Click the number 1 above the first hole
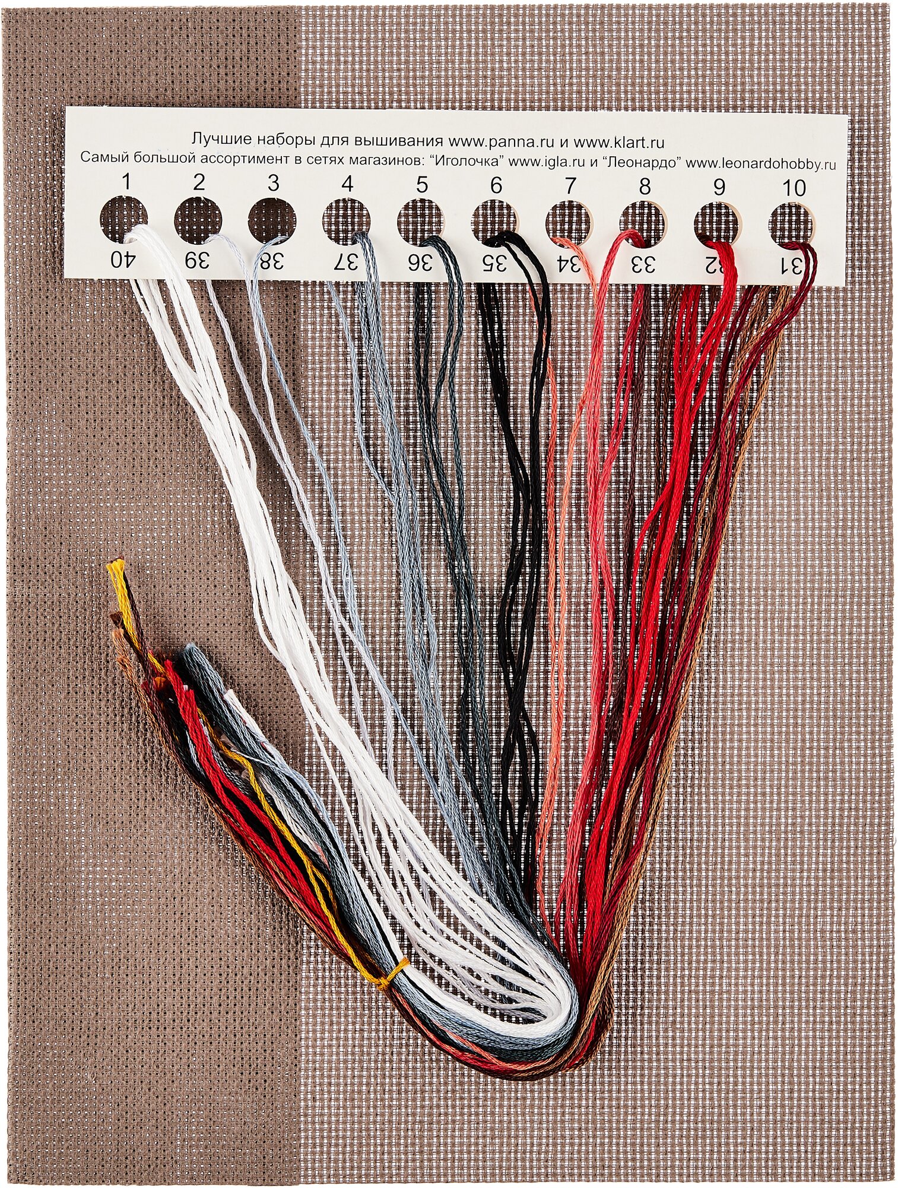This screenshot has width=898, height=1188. pos(125,182)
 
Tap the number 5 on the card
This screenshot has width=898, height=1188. pos(421,185)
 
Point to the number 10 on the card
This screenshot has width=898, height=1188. pos(794,188)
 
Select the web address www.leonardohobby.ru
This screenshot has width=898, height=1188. pos(768,159)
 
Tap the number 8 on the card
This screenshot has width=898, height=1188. pos(645,187)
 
